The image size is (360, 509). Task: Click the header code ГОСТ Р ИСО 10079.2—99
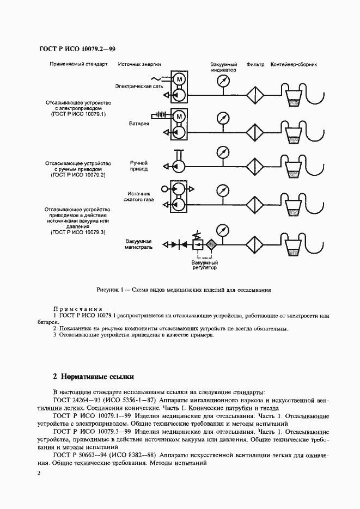77,49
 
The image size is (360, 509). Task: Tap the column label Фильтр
255,64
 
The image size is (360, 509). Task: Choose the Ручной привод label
138,165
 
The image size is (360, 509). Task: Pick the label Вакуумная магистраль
138,243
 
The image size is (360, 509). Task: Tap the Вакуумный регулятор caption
204,266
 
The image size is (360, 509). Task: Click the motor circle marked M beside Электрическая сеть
179,81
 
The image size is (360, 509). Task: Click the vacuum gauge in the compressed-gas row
222,191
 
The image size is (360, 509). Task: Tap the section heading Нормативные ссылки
96,376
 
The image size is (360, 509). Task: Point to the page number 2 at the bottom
39,474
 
